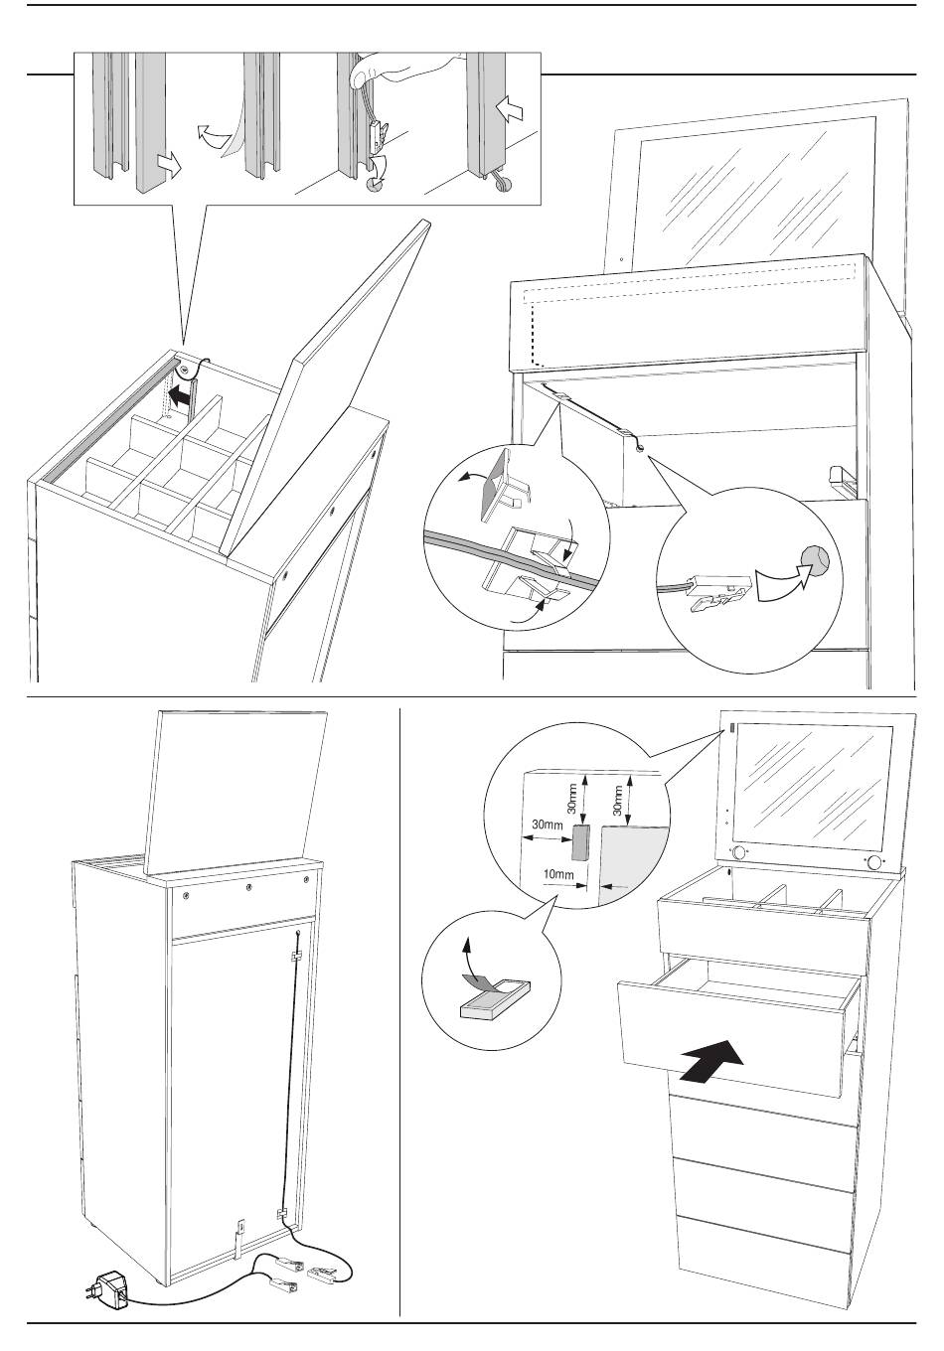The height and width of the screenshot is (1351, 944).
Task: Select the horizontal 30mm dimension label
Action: pos(547,824)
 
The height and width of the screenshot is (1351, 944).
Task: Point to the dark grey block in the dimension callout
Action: pos(579,841)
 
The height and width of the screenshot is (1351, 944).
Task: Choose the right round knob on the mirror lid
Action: pos(872,862)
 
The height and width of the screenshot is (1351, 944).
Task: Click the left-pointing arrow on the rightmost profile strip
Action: pos(510,110)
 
